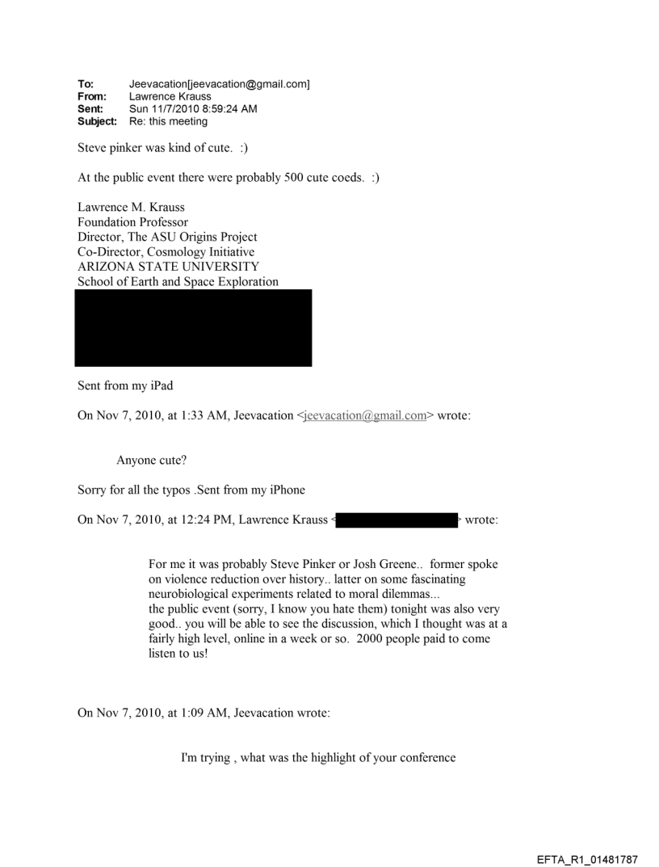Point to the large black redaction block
tap(193, 328)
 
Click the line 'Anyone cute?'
tap(153, 461)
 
